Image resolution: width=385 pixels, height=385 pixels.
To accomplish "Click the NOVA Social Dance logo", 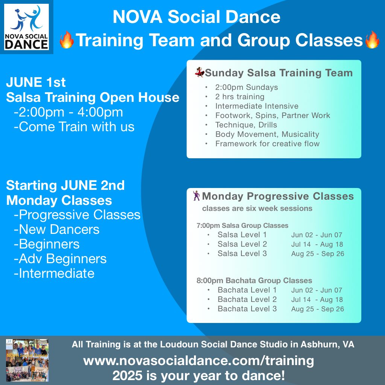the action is tap(27, 27).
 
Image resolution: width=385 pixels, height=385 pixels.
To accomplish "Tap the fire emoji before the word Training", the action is tap(67, 40).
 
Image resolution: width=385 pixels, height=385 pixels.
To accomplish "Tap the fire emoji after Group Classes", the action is tap(372, 40).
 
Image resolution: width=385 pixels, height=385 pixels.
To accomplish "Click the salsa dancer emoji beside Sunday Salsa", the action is tap(199, 73).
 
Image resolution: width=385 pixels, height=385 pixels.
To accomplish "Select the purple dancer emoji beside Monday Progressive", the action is tap(196, 196).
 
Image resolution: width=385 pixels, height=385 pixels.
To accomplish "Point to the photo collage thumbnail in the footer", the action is tap(27, 360).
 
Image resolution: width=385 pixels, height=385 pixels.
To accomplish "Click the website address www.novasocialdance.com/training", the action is tap(199, 361).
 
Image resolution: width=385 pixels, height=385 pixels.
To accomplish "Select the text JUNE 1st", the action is tap(36, 82).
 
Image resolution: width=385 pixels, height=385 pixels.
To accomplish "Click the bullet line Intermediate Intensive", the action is tap(257, 106).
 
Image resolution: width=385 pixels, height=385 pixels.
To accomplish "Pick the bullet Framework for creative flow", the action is tap(267, 144).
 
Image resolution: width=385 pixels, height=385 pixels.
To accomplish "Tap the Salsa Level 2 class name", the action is tap(242, 244).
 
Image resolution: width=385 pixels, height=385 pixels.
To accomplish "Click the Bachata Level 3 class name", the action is tap(247, 309).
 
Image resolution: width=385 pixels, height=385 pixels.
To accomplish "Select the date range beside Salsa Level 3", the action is tap(317, 254).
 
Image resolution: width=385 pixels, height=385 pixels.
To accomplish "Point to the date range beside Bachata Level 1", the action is tap(317, 290).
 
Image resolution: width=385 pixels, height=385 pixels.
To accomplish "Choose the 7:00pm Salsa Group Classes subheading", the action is tap(243, 226).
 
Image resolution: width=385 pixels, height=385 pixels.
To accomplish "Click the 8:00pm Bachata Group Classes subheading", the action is tap(254, 280).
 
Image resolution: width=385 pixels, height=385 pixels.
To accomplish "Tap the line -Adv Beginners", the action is tap(60, 259).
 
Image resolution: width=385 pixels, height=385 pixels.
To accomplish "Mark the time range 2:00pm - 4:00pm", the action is tap(68, 112).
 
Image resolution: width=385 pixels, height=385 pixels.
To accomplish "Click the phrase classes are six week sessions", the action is tap(257, 208).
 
